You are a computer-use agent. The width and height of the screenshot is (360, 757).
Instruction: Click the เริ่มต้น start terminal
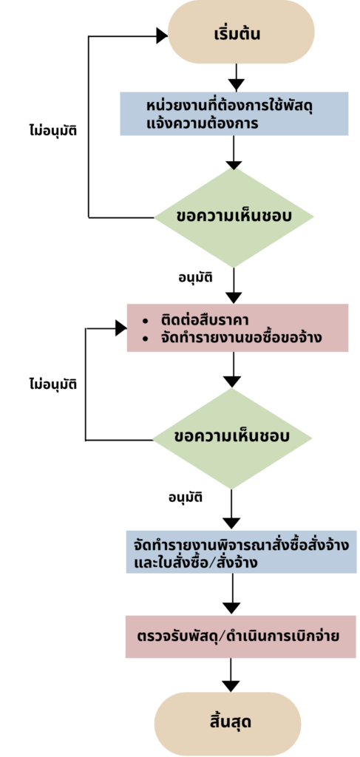[241, 32]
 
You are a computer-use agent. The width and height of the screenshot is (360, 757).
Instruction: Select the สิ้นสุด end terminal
[228, 724]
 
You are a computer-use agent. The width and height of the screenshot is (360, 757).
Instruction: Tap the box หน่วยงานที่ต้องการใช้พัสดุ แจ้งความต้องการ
[234, 114]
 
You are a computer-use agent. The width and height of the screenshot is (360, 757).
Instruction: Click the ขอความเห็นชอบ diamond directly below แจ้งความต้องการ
[234, 217]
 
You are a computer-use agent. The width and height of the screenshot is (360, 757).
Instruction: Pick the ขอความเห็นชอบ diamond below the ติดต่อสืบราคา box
[232, 438]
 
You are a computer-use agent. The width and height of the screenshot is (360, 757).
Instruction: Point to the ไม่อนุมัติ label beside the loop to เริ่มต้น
[53, 130]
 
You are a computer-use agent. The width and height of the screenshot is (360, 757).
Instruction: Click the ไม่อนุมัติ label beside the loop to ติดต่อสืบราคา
[53, 384]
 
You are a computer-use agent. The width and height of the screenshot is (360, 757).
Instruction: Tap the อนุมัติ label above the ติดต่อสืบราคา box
[196, 279]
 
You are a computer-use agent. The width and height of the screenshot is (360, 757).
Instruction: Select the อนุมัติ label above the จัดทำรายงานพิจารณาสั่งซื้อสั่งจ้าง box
[186, 498]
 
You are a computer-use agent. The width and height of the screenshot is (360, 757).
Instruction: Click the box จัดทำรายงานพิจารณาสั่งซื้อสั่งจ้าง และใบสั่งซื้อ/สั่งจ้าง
[241, 551]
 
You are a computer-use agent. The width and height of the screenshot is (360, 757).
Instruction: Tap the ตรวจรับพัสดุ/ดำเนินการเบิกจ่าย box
[238, 637]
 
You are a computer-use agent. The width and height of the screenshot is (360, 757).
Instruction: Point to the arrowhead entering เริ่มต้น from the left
[162, 35]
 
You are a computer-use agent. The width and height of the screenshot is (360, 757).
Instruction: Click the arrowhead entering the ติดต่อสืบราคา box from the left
[121, 328]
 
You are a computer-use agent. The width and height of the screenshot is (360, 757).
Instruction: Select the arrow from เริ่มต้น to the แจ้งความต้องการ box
[237, 78]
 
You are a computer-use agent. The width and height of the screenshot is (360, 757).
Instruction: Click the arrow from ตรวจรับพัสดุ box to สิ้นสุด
[231, 675]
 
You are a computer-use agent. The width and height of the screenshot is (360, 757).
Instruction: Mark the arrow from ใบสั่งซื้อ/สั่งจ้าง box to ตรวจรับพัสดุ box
[232, 594]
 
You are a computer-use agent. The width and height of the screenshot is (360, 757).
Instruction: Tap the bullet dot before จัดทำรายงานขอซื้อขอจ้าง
[145, 339]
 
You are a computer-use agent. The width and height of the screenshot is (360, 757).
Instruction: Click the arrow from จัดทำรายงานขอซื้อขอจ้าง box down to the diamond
[233, 370]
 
